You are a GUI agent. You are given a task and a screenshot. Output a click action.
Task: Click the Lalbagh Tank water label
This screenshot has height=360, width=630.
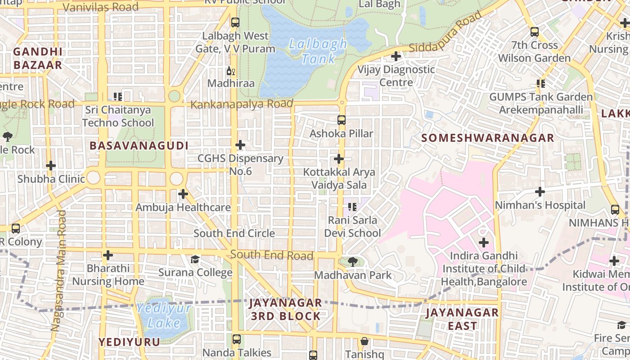click(318, 51)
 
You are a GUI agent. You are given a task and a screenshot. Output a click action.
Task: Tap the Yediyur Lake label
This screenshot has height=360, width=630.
click(164, 316)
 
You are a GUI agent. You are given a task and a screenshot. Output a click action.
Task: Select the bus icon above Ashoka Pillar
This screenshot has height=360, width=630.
click(342, 120)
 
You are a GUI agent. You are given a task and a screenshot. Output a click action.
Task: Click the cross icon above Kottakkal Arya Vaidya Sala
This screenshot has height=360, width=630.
click(339, 159)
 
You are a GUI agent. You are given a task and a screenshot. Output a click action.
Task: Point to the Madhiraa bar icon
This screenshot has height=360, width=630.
click(231, 71)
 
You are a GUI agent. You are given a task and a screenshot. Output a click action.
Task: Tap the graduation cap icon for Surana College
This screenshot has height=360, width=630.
click(195, 259)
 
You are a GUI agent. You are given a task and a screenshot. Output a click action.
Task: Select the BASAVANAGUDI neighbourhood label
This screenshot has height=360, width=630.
click(139, 146)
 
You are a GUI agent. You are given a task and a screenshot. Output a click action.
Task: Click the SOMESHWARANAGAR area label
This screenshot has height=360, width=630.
click(488, 138)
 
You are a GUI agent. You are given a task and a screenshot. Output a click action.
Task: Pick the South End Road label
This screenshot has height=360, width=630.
click(272, 255)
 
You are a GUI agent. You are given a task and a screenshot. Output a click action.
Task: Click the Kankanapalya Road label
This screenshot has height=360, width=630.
click(242, 104)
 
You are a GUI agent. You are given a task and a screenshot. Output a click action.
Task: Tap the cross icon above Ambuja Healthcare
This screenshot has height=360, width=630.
click(183, 194)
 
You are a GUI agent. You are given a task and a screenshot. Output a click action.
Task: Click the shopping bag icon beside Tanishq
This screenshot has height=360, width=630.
click(364, 342)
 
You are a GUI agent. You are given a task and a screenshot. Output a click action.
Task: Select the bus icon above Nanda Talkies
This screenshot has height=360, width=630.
click(236, 339)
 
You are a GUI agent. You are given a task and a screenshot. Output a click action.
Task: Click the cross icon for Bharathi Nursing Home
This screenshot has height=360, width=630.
click(108, 255)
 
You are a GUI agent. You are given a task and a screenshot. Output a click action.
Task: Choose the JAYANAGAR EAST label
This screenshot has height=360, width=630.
click(462, 319)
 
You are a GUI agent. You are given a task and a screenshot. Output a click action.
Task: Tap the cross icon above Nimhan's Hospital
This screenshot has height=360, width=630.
click(540, 192)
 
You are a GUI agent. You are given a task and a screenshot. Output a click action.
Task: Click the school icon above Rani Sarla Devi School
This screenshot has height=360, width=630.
click(352, 207)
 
